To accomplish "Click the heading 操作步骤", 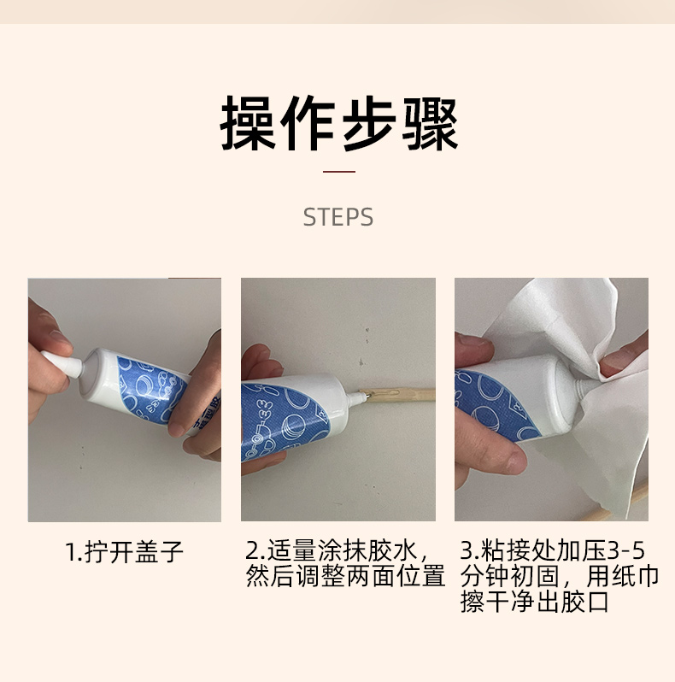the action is click(x=339, y=123).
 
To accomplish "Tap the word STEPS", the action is click(x=338, y=217).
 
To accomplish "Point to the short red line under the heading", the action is click(x=339, y=172).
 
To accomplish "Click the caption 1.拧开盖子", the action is click(x=125, y=551).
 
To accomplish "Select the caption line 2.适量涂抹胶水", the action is click(x=337, y=550).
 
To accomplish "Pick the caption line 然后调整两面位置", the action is click(x=345, y=576).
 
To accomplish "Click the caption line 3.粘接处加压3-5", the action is click(x=552, y=550).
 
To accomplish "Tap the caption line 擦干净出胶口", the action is click(x=535, y=602).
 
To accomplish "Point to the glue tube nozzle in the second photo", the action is click(x=358, y=397).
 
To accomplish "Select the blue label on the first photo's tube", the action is click(x=148, y=388).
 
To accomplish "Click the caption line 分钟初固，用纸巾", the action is click(x=560, y=576).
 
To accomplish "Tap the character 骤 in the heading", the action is click(x=430, y=124).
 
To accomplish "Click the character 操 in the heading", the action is click(x=248, y=124).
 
